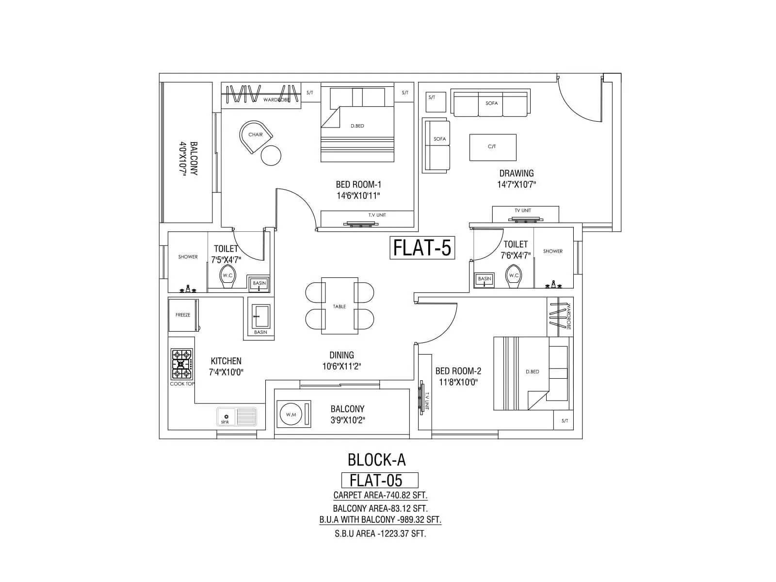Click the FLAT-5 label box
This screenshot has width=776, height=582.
(422, 247)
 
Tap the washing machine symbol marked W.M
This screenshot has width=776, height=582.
(291, 415)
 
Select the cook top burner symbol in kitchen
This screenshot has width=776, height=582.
(181, 364)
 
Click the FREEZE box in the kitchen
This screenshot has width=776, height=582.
(183, 315)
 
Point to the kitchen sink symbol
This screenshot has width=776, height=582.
(237, 417)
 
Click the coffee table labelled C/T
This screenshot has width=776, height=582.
(492, 147)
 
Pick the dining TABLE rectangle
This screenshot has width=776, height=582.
(339, 306)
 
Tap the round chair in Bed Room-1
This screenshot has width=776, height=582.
(256, 136)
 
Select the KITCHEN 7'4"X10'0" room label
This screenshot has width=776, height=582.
(226, 367)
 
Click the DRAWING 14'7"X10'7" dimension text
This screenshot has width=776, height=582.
(517, 184)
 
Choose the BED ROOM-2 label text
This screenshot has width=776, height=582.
(458, 371)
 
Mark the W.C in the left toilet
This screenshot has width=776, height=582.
(227, 275)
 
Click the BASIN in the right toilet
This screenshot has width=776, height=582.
(485, 279)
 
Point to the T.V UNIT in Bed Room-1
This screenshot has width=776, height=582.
(367, 218)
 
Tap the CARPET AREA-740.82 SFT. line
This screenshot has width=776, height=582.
(380, 495)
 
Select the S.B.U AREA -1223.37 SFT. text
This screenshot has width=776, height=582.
(380, 533)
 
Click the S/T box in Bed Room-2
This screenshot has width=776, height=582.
(565, 420)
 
